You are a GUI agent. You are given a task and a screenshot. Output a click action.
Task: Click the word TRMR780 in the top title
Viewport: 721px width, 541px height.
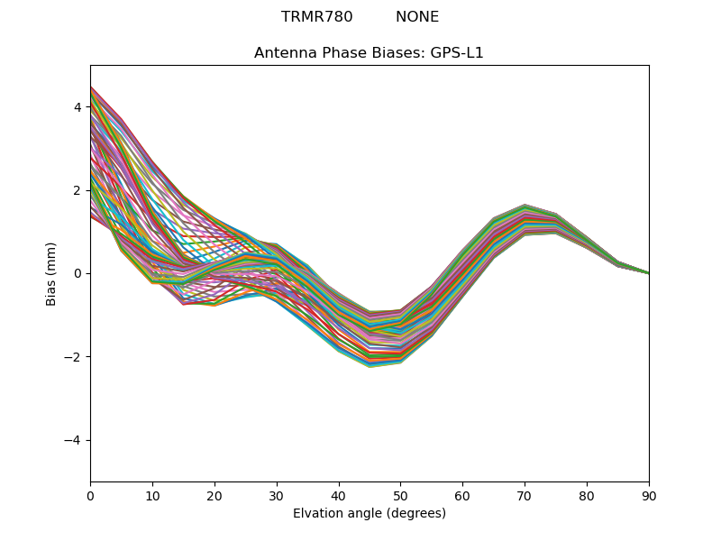[x=315, y=17]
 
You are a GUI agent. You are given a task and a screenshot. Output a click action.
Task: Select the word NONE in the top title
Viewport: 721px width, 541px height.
[x=417, y=17]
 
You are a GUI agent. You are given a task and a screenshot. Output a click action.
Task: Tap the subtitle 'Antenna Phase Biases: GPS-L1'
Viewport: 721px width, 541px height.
[x=369, y=53]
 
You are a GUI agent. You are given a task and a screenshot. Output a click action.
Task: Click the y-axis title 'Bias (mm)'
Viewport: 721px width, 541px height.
[x=51, y=273]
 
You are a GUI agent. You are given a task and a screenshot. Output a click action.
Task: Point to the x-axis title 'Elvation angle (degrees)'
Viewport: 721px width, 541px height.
[x=369, y=513]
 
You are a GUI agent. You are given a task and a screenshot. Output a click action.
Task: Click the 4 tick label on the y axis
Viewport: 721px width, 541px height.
[x=78, y=107]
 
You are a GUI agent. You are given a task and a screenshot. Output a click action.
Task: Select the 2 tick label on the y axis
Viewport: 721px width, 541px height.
[x=78, y=190]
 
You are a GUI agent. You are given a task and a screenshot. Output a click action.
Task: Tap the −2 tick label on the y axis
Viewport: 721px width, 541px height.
[x=73, y=357]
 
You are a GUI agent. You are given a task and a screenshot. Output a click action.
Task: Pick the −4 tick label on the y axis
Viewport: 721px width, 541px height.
[x=73, y=440]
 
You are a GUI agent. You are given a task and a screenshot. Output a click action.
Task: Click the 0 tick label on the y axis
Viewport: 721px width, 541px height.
[x=78, y=273]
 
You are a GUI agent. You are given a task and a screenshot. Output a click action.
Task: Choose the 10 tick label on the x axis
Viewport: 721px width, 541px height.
[x=152, y=495]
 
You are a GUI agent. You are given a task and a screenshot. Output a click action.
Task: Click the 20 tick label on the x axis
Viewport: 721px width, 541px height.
[x=214, y=495]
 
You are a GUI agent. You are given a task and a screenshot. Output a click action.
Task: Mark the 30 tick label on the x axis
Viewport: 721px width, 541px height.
[x=277, y=495]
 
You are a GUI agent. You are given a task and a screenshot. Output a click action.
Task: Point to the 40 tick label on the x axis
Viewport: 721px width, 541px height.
[x=339, y=495]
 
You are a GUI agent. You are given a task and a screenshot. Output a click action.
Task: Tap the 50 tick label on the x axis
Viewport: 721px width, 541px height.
[x=400, y=495]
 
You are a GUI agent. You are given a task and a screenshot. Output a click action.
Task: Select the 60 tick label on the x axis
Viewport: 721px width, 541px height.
[x=462, y=495]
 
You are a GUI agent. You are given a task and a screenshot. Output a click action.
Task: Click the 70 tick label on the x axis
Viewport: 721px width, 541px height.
[x=525, y=495]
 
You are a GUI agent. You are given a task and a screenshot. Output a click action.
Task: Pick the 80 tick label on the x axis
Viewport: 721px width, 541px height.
[x=587, y=495]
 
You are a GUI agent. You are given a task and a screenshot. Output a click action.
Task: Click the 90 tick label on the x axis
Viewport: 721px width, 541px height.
[x=649, y=495]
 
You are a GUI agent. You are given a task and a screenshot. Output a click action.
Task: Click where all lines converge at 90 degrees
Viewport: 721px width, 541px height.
[x=648, y=273]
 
